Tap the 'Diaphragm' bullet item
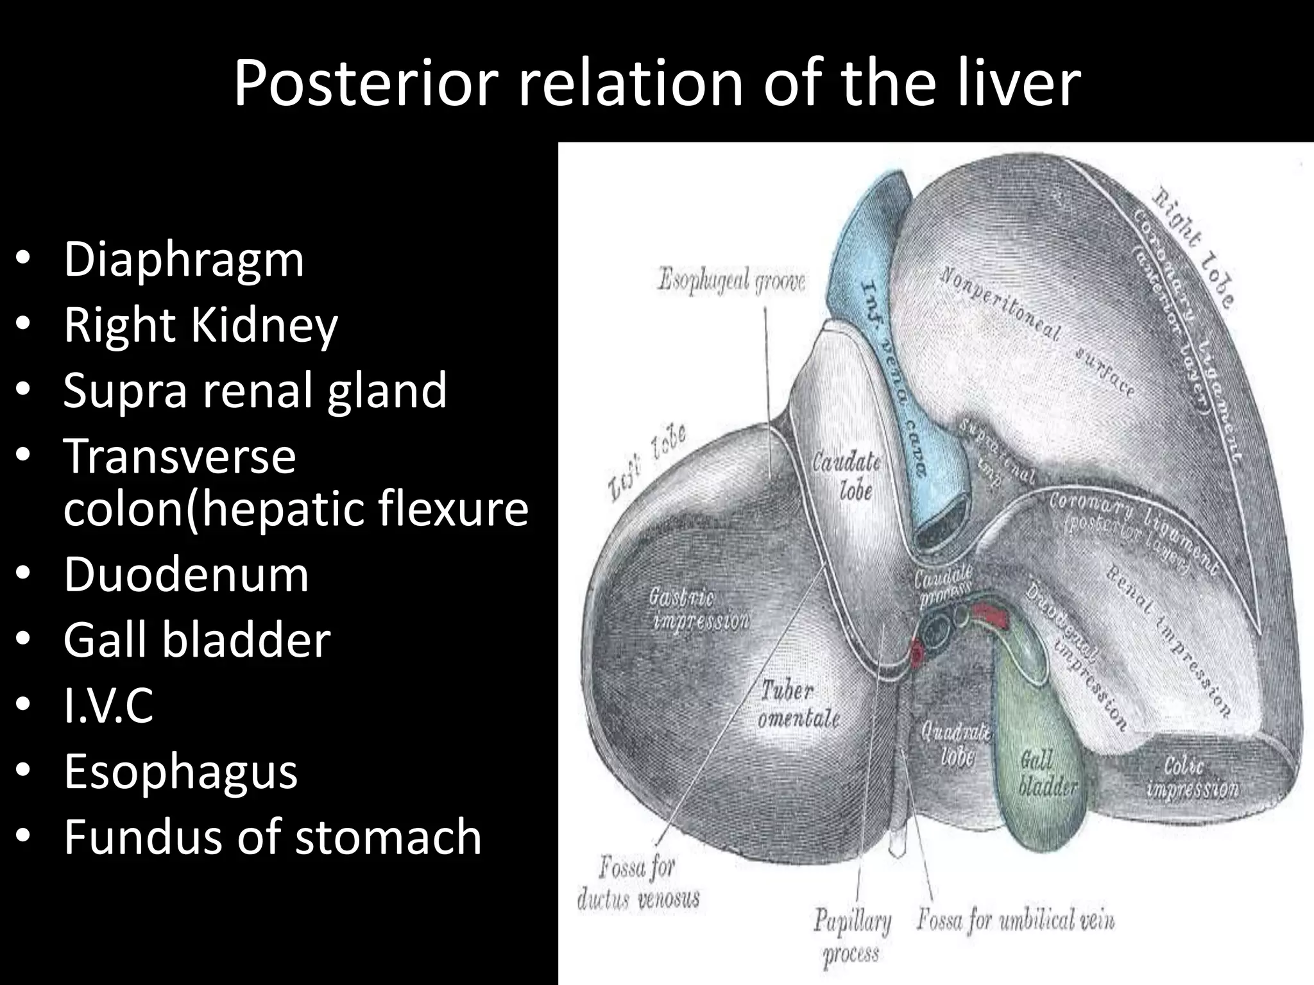(183, 260)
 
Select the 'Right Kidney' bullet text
(200, 325)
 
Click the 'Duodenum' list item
(186, 575)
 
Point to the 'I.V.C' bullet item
(108, 705)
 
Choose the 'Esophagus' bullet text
(180, 771)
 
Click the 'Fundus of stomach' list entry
(272, 837)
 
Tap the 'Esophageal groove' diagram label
(731, 281)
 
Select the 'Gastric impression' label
(698, 610)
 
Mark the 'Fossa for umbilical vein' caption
(1015, 921)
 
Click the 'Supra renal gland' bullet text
(255, 391)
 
